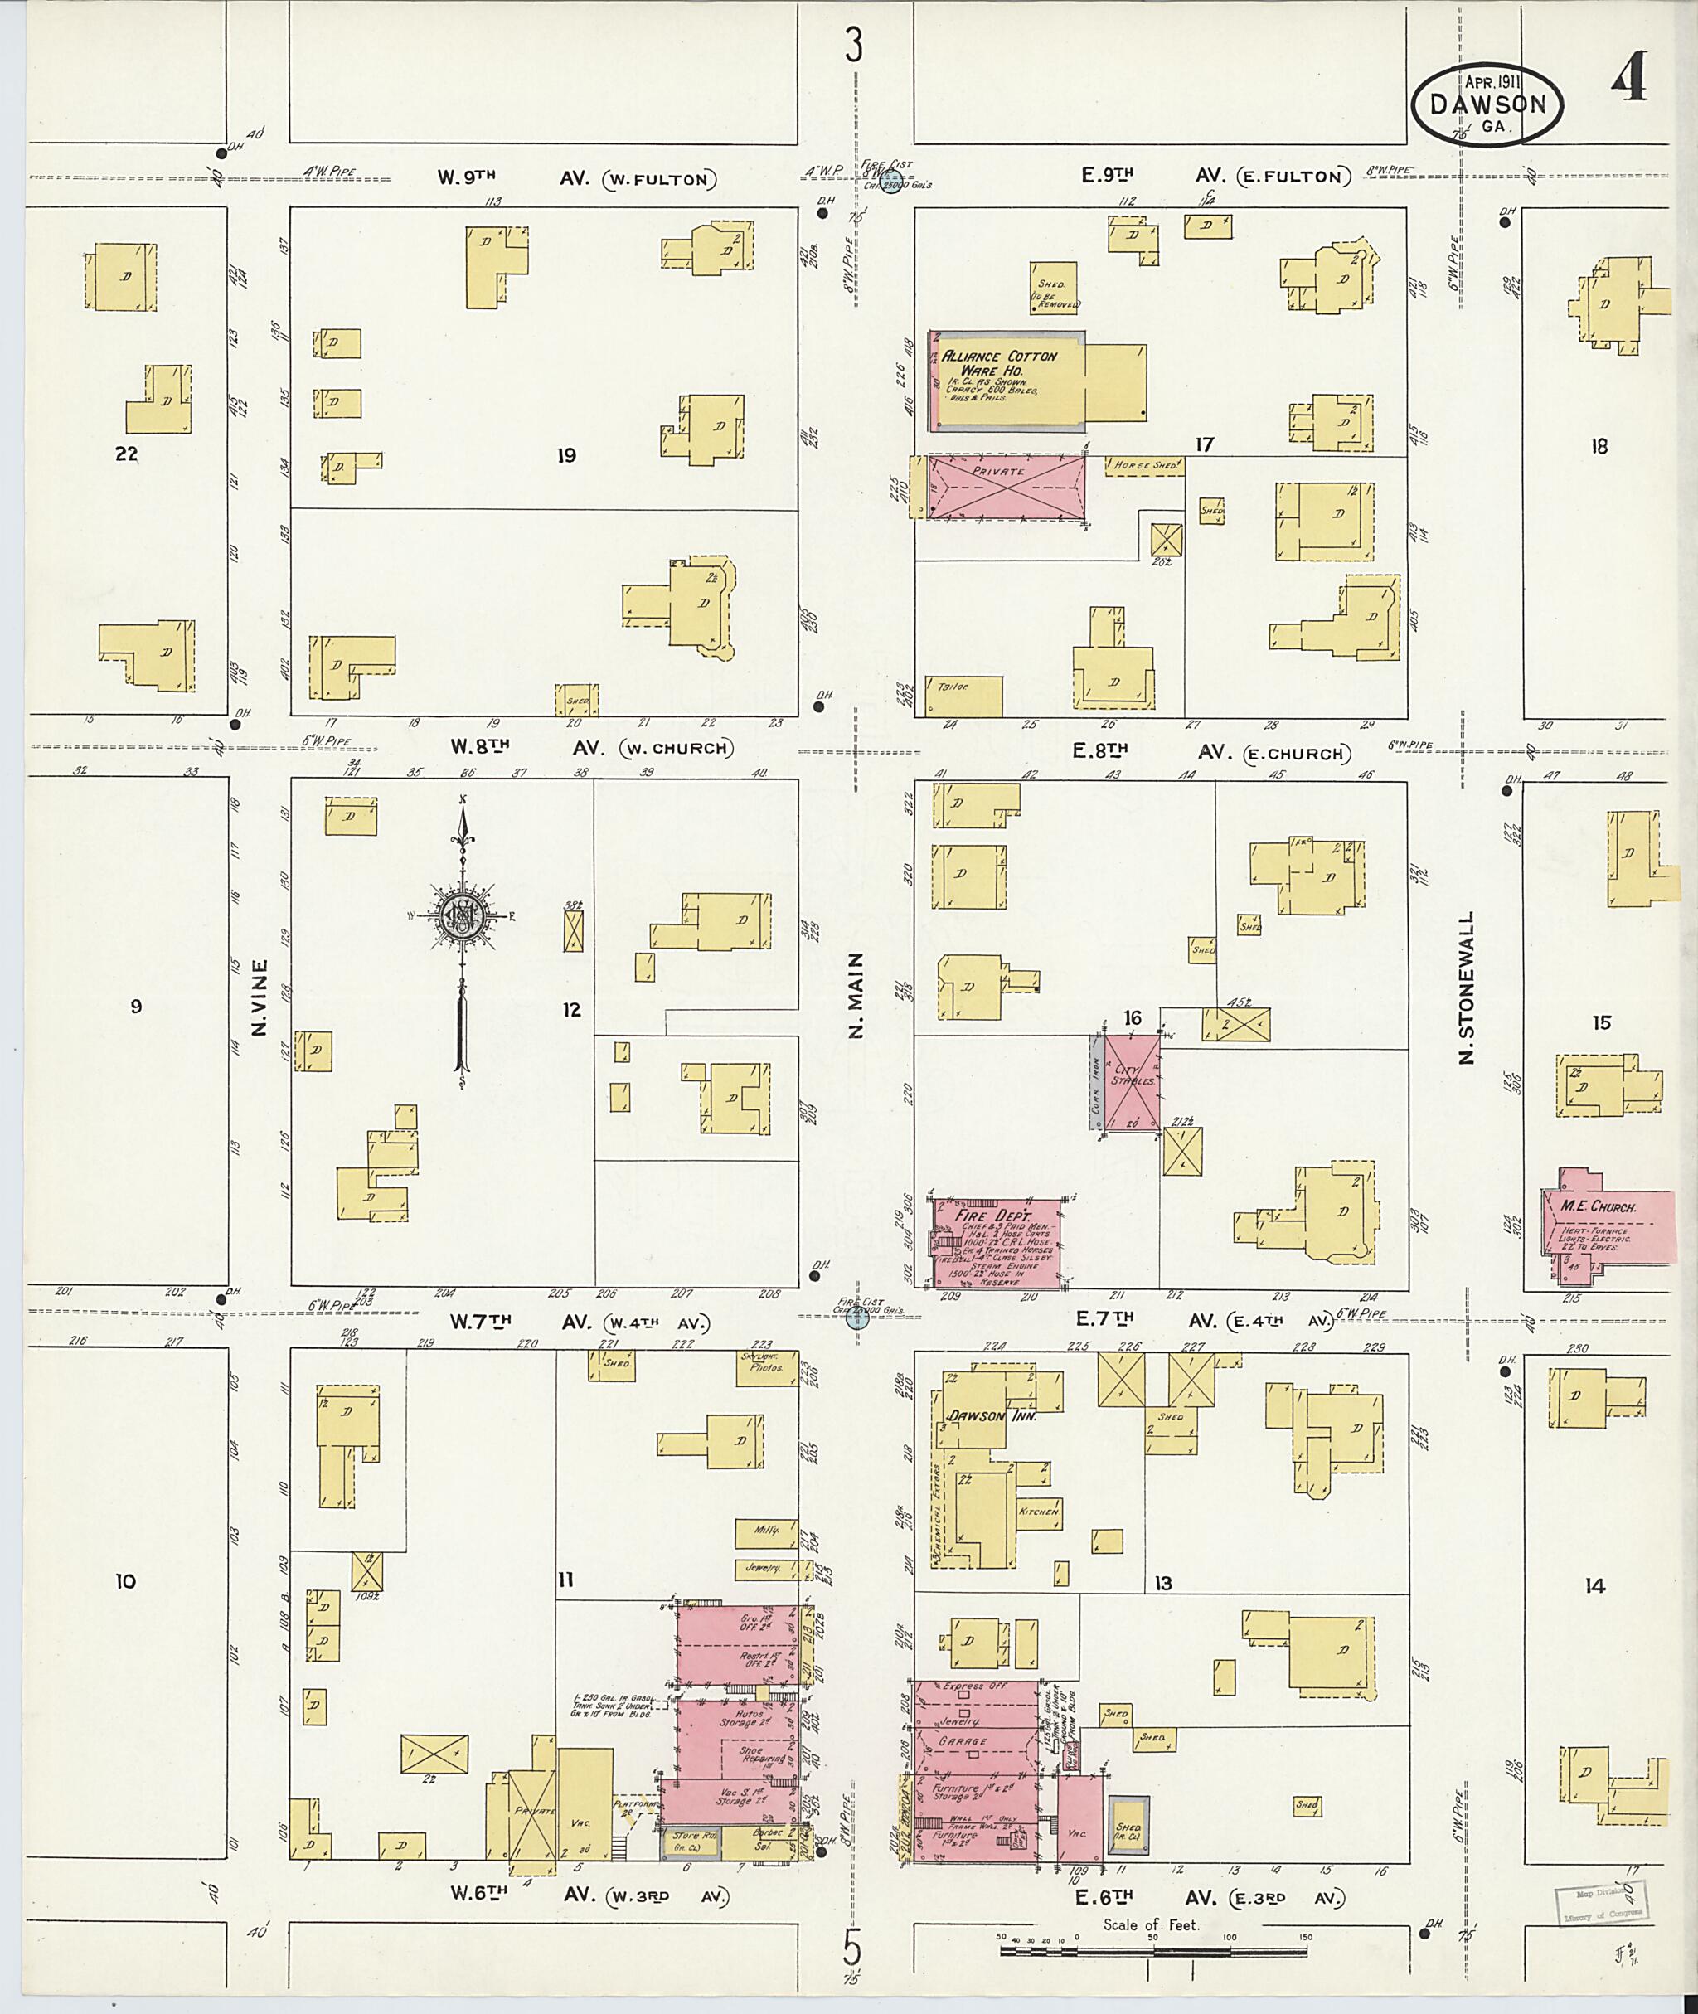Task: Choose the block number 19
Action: [x=566, y=455]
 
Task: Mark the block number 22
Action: [x=126, y=454]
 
